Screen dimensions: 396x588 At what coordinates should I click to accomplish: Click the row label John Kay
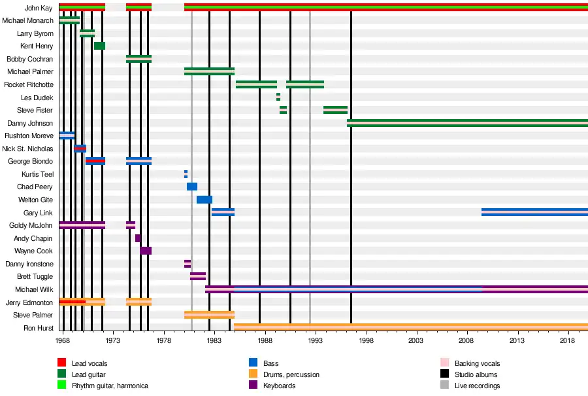[39, 8]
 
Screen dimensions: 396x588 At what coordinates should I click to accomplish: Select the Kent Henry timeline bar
[99, 46]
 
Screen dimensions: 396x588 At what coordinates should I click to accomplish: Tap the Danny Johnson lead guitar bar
[467, 122]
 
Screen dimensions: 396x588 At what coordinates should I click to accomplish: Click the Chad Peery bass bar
[191, 187]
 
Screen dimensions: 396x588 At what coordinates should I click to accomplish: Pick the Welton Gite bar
[204, 200]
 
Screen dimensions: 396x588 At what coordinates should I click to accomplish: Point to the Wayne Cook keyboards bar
[146, 251]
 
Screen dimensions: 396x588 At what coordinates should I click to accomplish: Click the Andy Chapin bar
[138, 238]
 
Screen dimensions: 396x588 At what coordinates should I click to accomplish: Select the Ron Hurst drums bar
[410, 327]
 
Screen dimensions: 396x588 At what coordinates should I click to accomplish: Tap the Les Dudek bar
[278, 97]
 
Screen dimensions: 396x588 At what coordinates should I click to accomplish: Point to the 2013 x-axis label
[517, 340]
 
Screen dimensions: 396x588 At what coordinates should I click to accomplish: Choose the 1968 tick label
[63, 340]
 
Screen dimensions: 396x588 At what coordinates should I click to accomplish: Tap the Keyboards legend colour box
[253, 386]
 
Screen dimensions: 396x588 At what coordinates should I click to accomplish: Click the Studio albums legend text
[476, 374]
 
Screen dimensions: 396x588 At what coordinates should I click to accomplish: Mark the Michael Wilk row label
[34, 289]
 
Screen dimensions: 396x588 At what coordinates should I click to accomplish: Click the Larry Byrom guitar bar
[87, 33]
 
